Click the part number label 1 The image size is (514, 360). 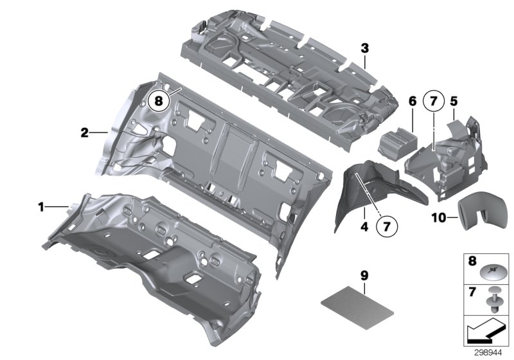40,207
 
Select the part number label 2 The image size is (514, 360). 84,133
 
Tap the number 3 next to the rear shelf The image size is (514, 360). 364,48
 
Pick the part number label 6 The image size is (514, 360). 412,101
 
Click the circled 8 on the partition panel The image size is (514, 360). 157,101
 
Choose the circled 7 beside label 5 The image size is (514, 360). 433,101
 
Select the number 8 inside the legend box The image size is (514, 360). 472,262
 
